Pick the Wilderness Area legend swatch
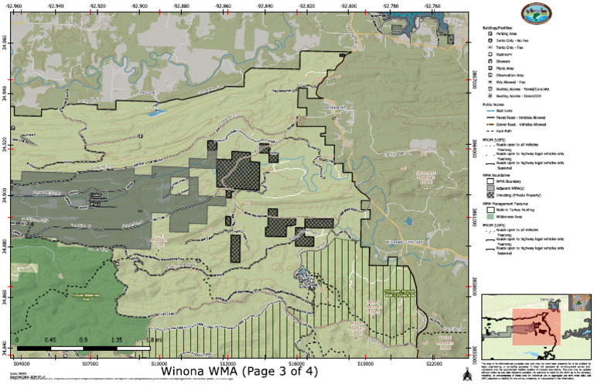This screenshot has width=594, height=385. click(490, 217)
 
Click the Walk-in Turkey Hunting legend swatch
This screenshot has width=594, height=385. click(490, 209)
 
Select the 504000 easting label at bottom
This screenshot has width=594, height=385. click(22, 360)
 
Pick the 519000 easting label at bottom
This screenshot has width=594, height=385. click(366, 360)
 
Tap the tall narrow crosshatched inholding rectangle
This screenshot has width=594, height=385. click(235, 248)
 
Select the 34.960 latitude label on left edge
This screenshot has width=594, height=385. click(6, 39)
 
